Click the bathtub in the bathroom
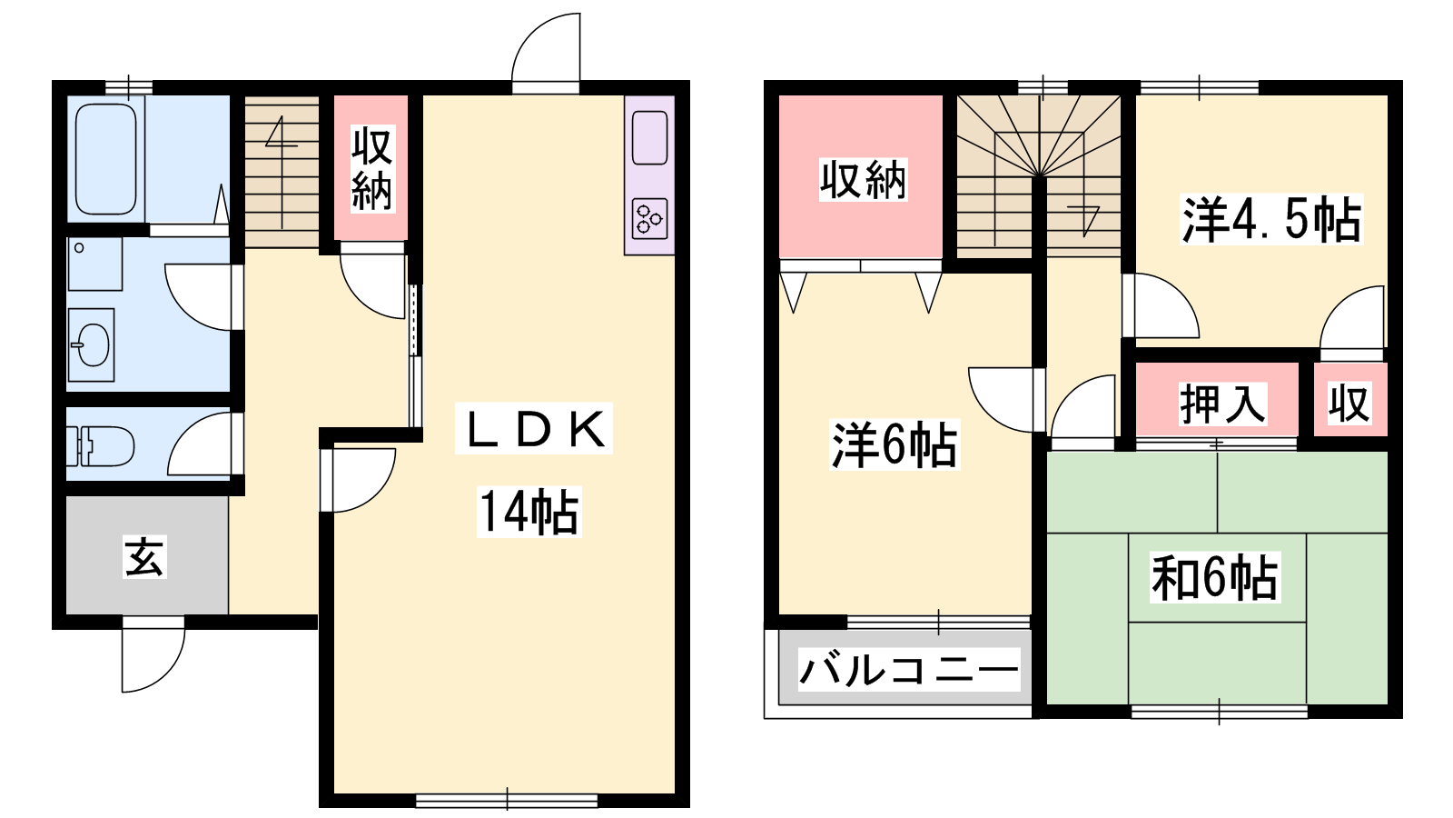pos(106,159)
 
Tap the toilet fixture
pos(101,446)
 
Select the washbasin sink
pos(91,344)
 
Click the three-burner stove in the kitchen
pos(649,219)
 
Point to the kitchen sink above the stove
pos(649,137)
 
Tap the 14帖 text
pos(529,512)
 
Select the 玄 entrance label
pos(144,556)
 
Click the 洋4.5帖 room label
pos(1271,219)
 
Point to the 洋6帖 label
pos(895,444)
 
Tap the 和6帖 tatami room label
pos(1214,576)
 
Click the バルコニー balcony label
pos(909,669)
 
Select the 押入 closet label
pos(1222,404)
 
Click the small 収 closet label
pos(1349,404)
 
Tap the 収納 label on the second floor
pos(863,179)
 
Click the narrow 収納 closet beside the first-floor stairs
pos(371,167)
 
